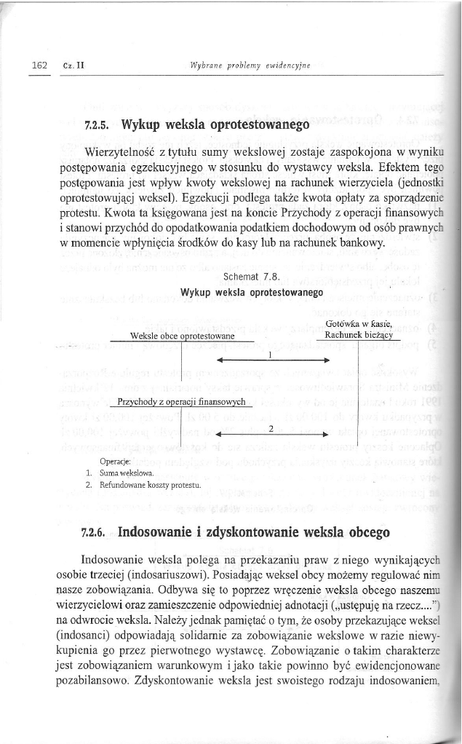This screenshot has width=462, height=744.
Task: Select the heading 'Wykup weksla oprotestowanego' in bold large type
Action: coord(207,124)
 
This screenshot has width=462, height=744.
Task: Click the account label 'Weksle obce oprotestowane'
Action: coord(181,336)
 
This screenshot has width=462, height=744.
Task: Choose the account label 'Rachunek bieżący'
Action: coord(359,335)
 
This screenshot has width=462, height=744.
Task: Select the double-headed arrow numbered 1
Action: coord(270,359)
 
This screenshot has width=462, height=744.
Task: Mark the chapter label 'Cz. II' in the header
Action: coord(73,65)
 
